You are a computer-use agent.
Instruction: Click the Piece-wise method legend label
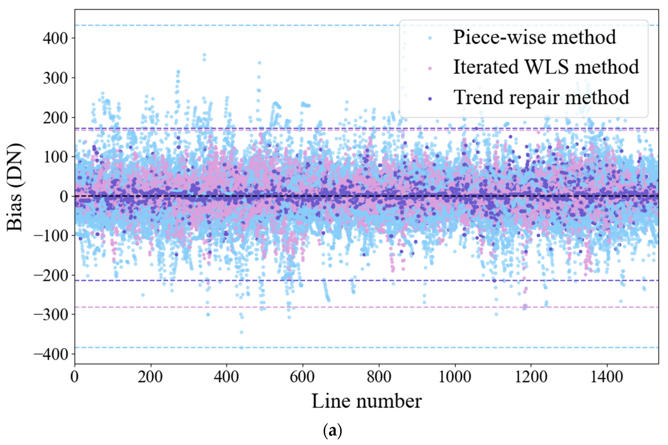click(x=534, y=37)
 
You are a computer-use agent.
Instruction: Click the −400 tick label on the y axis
click(x=51, y=354)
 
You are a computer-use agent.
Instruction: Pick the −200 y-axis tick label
click(x=51, y=275)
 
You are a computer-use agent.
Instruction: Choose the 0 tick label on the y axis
click(x=64, y=196)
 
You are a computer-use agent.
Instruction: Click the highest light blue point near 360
click(x=204, y=55)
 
